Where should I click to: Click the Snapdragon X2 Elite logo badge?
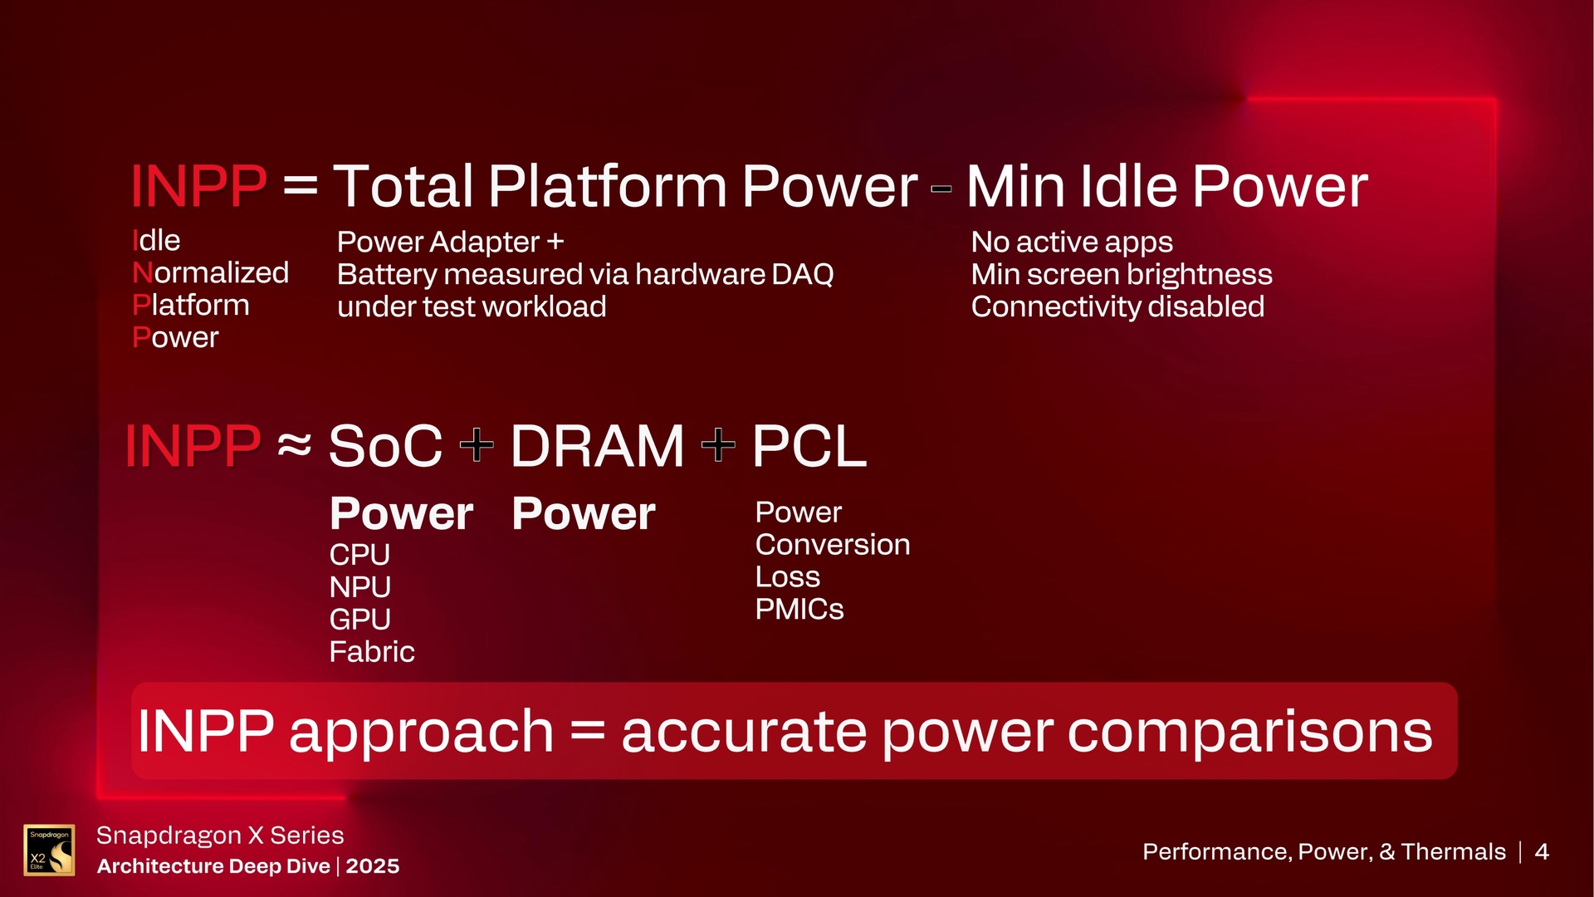click(x=49, y=850)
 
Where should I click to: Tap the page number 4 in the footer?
click(x=1542, y=851)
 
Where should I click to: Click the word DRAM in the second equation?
click(x=597, y=446)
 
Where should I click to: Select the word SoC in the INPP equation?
click(x=385, y=446)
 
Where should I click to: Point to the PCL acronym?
click(x=809, y=446)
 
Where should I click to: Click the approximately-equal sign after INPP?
click(x=295, y=446)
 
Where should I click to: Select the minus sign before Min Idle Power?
click(x=941, y=189)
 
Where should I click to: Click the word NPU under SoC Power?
click(x=359, y=587)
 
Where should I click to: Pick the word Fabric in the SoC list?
click(x=371, y=652)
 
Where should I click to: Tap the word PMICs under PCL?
click(x=799, y=610)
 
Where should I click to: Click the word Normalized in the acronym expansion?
click(x=210, y=272)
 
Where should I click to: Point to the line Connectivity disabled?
click(x=1117, y=306)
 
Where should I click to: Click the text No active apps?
click(x=1072, y=242)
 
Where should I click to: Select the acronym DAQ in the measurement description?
click(x=802, y=274)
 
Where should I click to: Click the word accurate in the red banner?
click(x=743, y=732)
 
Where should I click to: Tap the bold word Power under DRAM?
click(x=583, y=513)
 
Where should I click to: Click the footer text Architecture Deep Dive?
click(x=213, y=866)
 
